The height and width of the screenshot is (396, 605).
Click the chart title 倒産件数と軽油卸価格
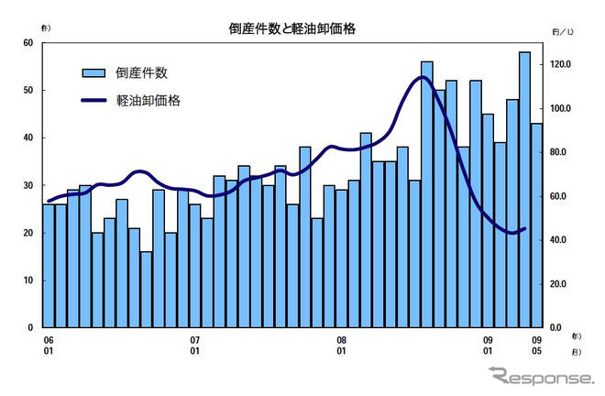(291, 28)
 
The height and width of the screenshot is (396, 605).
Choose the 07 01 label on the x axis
(194, 345)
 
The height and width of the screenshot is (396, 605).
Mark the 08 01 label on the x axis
(341, 345)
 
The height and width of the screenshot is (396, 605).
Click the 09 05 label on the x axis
(536, 345)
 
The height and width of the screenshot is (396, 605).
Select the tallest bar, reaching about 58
(524, 188)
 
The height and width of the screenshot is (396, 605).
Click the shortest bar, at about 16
(146, 289)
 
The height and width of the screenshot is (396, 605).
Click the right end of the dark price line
(524, 228)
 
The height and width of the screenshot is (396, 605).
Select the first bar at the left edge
(49, 266)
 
